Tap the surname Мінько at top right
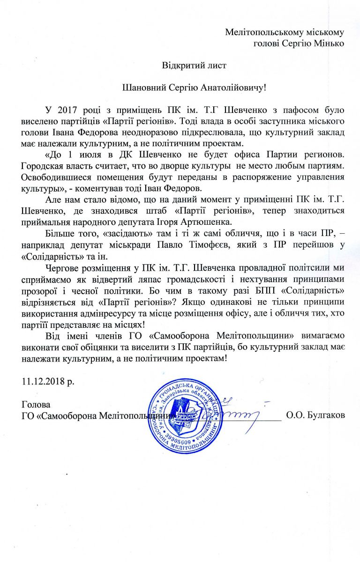(330, 44)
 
